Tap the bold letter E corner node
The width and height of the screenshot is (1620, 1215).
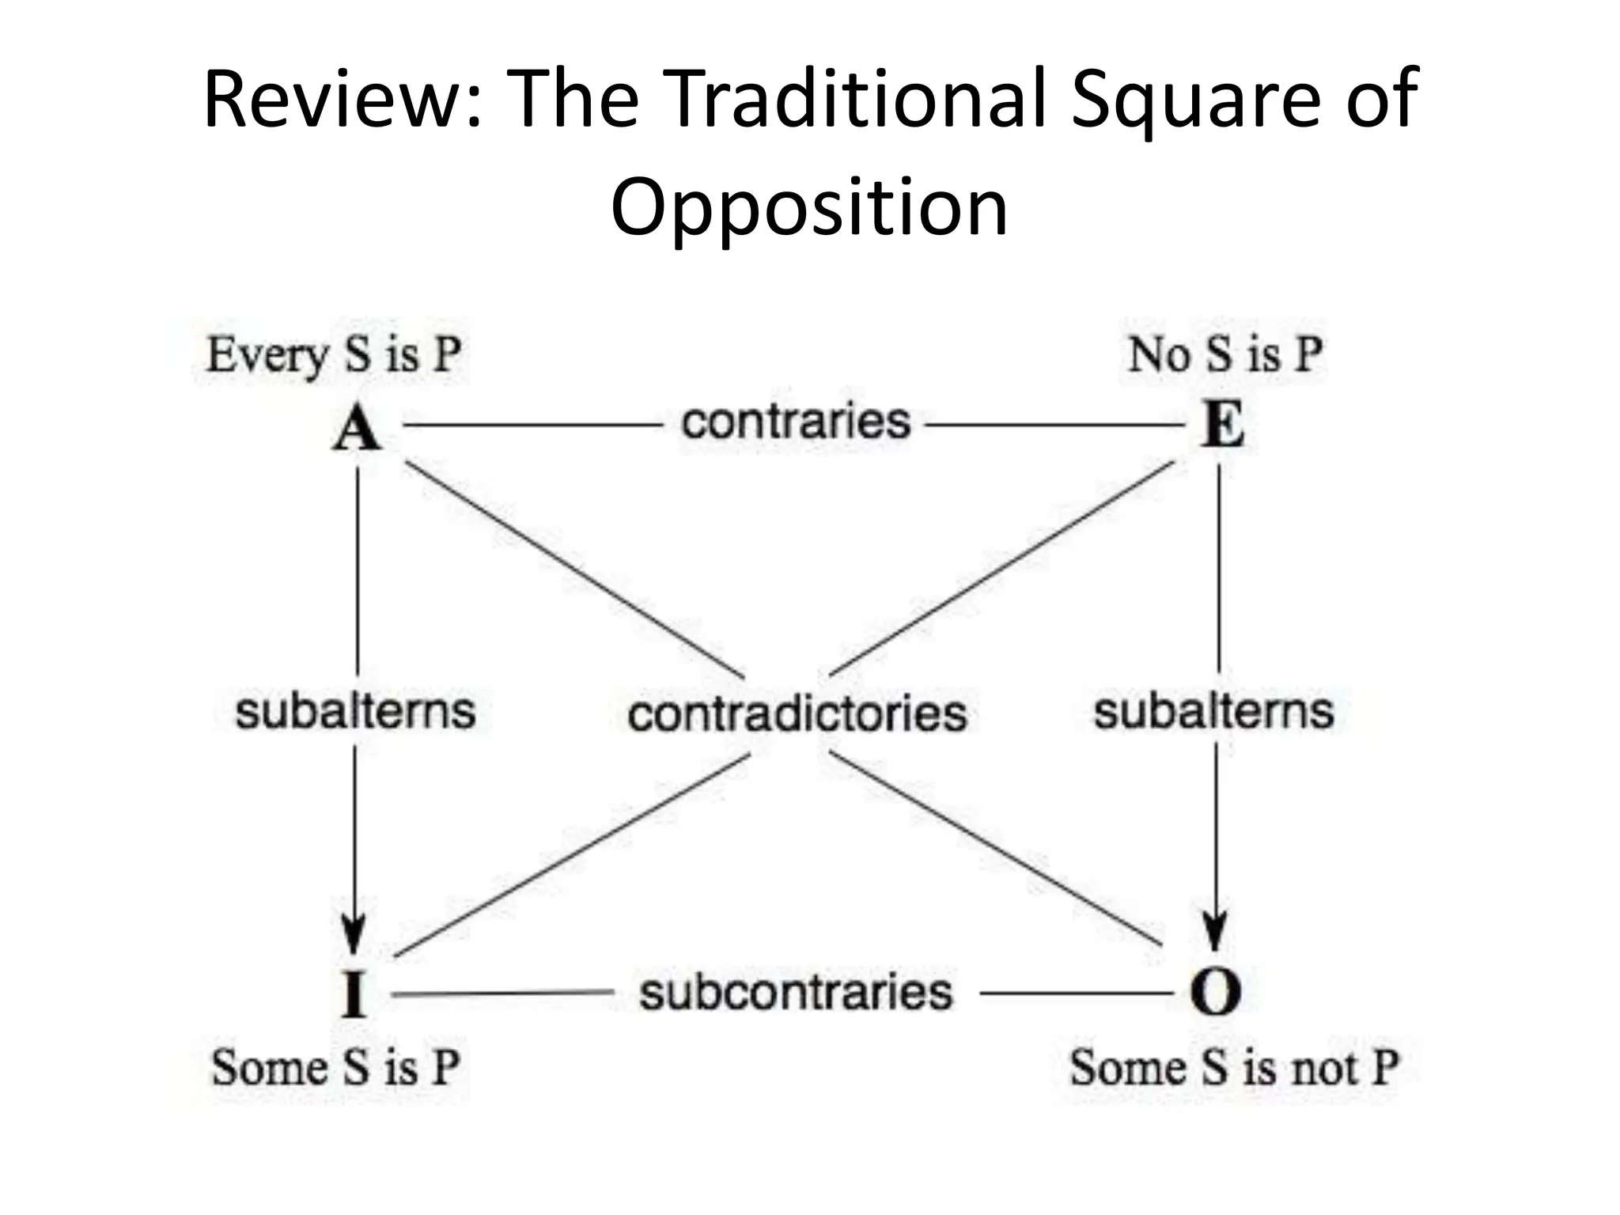click(x=1222, y=426)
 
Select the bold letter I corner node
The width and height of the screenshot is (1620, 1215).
click(x=354, y=994)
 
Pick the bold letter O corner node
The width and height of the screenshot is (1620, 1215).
click(x=1215, y=993)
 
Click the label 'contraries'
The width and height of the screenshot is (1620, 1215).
click(x=796, y=421)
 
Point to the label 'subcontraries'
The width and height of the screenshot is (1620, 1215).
click(x=796, y=992)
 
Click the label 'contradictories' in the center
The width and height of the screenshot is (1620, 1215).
click(x=797, y=713)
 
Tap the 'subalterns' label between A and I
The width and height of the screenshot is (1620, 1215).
click(x=355, y=710)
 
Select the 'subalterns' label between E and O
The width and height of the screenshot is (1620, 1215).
click(x=1213, y=710)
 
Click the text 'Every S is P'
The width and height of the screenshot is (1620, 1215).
click(x=334, y=354)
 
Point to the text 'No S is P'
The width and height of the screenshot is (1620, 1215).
click(x=1225, y=354)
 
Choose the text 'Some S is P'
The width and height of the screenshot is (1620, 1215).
click(x=335, y=1067)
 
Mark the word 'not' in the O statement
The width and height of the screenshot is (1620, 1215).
click(x=1325, y=1068)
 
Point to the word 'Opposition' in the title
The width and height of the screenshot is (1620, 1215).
click(x=809, y=207)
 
